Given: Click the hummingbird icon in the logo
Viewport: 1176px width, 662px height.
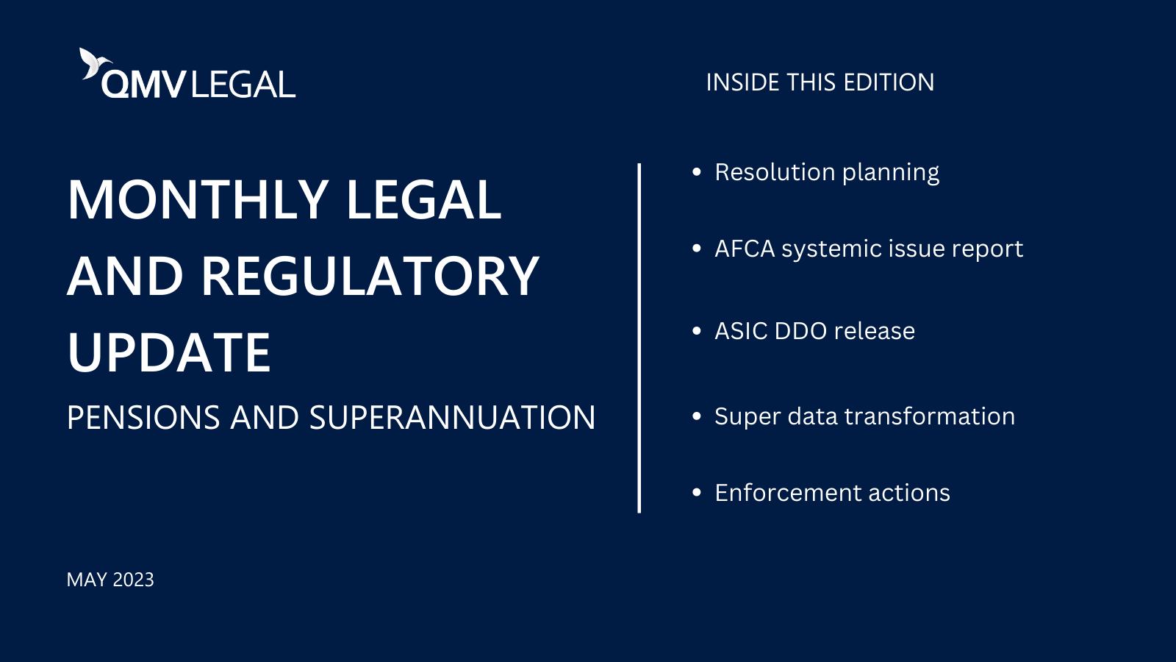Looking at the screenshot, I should [x=92, y=63].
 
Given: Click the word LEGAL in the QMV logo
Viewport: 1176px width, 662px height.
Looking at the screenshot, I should [x=243, y=85].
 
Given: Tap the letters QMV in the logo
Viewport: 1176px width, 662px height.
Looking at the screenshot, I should [x=143, y=85].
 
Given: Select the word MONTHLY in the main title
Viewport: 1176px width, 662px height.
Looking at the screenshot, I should [x=198, y=200].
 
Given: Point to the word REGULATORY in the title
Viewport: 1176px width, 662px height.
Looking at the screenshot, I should [x=370, y=277].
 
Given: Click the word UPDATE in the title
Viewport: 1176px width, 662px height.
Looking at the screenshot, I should [x=169, y=352].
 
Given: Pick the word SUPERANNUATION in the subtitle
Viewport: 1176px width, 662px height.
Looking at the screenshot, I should [x=452, y=418].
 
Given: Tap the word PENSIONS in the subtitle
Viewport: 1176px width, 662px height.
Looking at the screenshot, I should [x=143, y=418].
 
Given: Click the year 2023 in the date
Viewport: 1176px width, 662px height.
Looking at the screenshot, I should [x=133, y=580].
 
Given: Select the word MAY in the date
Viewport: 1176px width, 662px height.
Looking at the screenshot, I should [x=87, y=580].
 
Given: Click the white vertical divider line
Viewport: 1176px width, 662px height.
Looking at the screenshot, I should [x=639, y=338].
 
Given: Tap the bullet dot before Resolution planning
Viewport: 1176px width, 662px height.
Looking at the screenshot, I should [x=697, y=172].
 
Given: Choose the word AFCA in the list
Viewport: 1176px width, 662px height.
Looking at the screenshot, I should [x=745, y=249].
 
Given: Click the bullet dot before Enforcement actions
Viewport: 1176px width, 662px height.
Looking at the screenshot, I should [x=697, y=493].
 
